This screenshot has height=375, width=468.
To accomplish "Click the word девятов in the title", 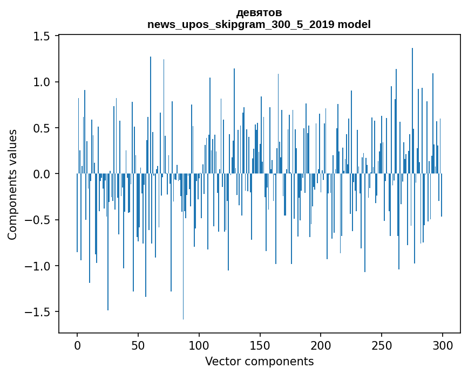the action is (x=259, y=13).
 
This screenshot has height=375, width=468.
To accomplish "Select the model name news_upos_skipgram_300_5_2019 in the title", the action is (x=241, y=24).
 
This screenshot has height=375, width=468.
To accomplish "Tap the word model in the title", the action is (x=354, y=24).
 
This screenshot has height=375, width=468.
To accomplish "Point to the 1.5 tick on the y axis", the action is (x=42, y=36).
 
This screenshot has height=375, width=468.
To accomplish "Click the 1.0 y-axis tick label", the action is (x=42, y=82).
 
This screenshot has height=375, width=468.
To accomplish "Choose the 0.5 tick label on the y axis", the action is (x=42, y=128).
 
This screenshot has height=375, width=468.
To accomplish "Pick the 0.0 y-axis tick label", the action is (x=42, y=174).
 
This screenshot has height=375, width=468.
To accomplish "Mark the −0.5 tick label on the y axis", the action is (x=37, y=220).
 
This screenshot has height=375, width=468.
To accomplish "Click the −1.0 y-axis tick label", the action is (x=37, y=266).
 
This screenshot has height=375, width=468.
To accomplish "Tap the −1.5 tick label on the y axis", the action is (x=37, y=312).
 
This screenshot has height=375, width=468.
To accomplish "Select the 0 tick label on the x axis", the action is (x=77, y=345).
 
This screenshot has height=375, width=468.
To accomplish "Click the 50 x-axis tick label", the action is (x=138, y=345).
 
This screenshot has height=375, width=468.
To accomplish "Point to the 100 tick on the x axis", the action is (x=199, y=345).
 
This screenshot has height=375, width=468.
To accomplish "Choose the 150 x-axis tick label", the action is (x=260, y=345).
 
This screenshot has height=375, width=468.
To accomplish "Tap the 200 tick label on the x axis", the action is (x=321, y=345).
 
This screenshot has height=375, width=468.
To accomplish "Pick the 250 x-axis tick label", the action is (x=382, y=345).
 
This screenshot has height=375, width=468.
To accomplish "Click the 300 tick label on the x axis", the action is (x=442, y=345).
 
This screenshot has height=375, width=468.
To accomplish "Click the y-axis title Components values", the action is (x=12, y=185).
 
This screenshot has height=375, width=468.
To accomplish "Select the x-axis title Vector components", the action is (x=259, y=362).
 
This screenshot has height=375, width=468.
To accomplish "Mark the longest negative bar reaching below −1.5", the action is (x=184, y=247).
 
